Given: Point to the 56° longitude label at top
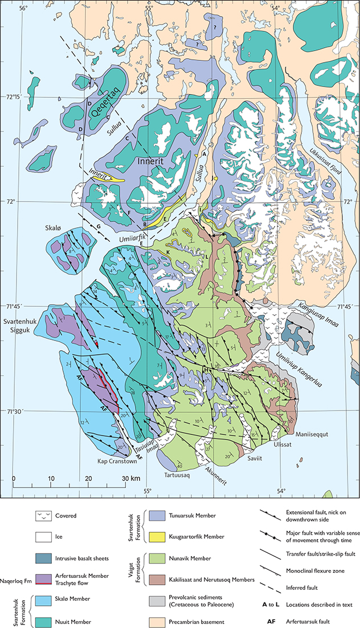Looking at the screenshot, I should [x=23, y=8].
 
